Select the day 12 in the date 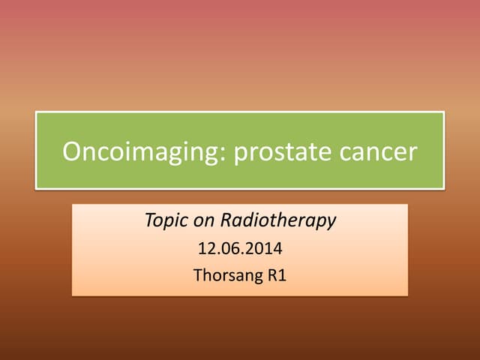click(206, 247)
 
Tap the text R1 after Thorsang click(277, 274)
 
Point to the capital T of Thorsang click(198, 274)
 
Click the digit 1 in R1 click(282, 274)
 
